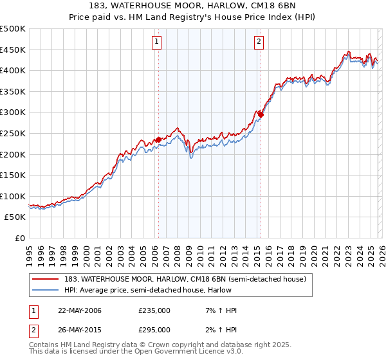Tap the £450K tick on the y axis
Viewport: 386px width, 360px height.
click(x=13, y=50)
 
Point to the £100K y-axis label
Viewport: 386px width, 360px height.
click(x=13, y=196)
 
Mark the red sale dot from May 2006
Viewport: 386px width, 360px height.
click(x=158, y=139)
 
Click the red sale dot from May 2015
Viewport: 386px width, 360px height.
click(x=261, y=114)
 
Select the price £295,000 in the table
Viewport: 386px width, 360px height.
click(x=154, y=329)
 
